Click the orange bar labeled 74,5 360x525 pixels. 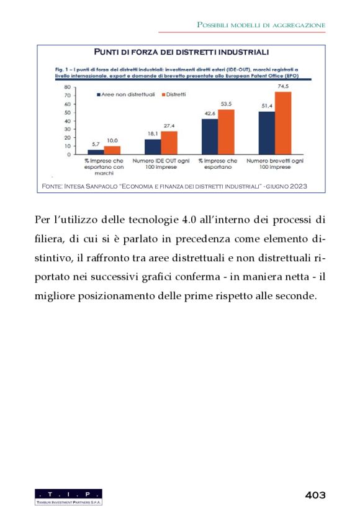click(283, 123)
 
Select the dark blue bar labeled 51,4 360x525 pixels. click(267, 132)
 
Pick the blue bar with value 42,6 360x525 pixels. click(210, 136)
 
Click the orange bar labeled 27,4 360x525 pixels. click(169, 142)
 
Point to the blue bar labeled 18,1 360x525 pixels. click(153, 146)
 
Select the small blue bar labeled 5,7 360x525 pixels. click(96, 151)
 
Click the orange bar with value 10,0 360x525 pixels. click(112, 150)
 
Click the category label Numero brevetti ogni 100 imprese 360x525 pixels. click(275, 164)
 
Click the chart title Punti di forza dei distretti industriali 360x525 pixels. click(181, 52)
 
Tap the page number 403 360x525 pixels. click(315, 495)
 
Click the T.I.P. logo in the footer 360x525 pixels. click(68, 496)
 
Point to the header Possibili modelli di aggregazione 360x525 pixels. click(261, 24)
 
